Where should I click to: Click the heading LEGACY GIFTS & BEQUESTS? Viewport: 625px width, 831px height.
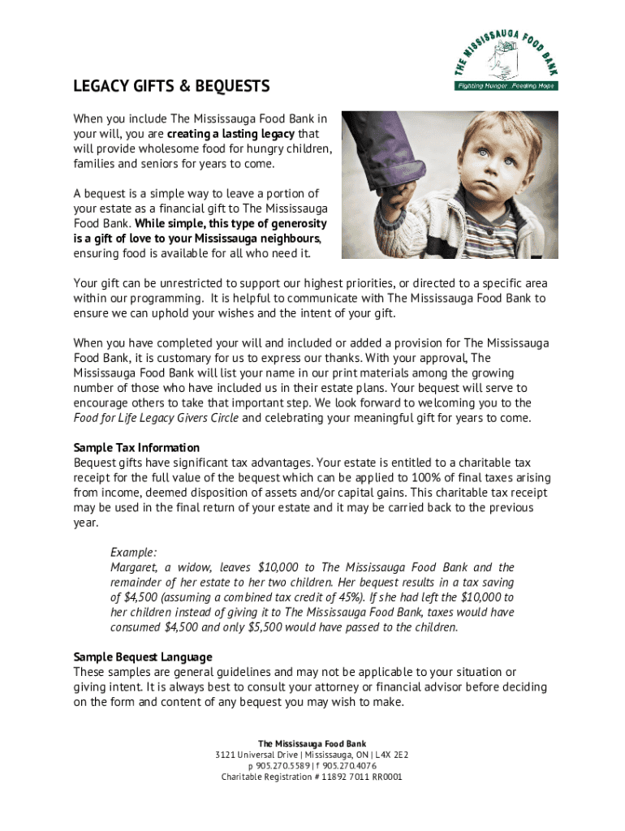point(171,86)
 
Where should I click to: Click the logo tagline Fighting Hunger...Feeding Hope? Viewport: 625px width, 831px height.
point(505,85)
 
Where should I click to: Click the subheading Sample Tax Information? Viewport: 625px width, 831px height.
point(136,448)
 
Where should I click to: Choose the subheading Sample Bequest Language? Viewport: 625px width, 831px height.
point(143,657)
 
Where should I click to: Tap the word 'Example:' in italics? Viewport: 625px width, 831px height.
point(134,552)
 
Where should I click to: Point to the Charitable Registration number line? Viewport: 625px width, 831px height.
point(312,777)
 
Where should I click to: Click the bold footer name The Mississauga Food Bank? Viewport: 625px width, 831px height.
point(312,743)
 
